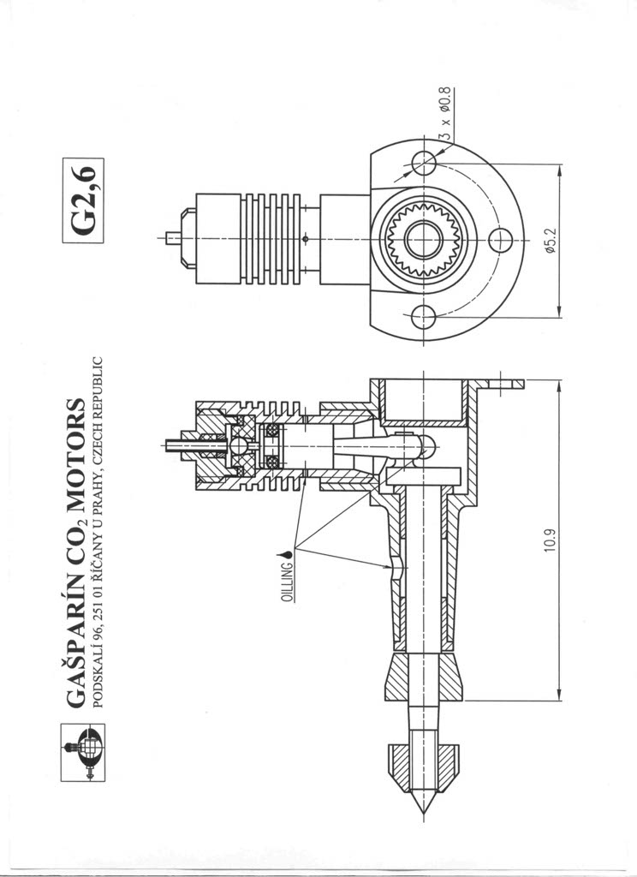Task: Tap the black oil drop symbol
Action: (x=289, y=555)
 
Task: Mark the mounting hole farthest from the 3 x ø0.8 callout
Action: (x=424, y=318)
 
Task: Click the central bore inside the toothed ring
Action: (x=425, y=240)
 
